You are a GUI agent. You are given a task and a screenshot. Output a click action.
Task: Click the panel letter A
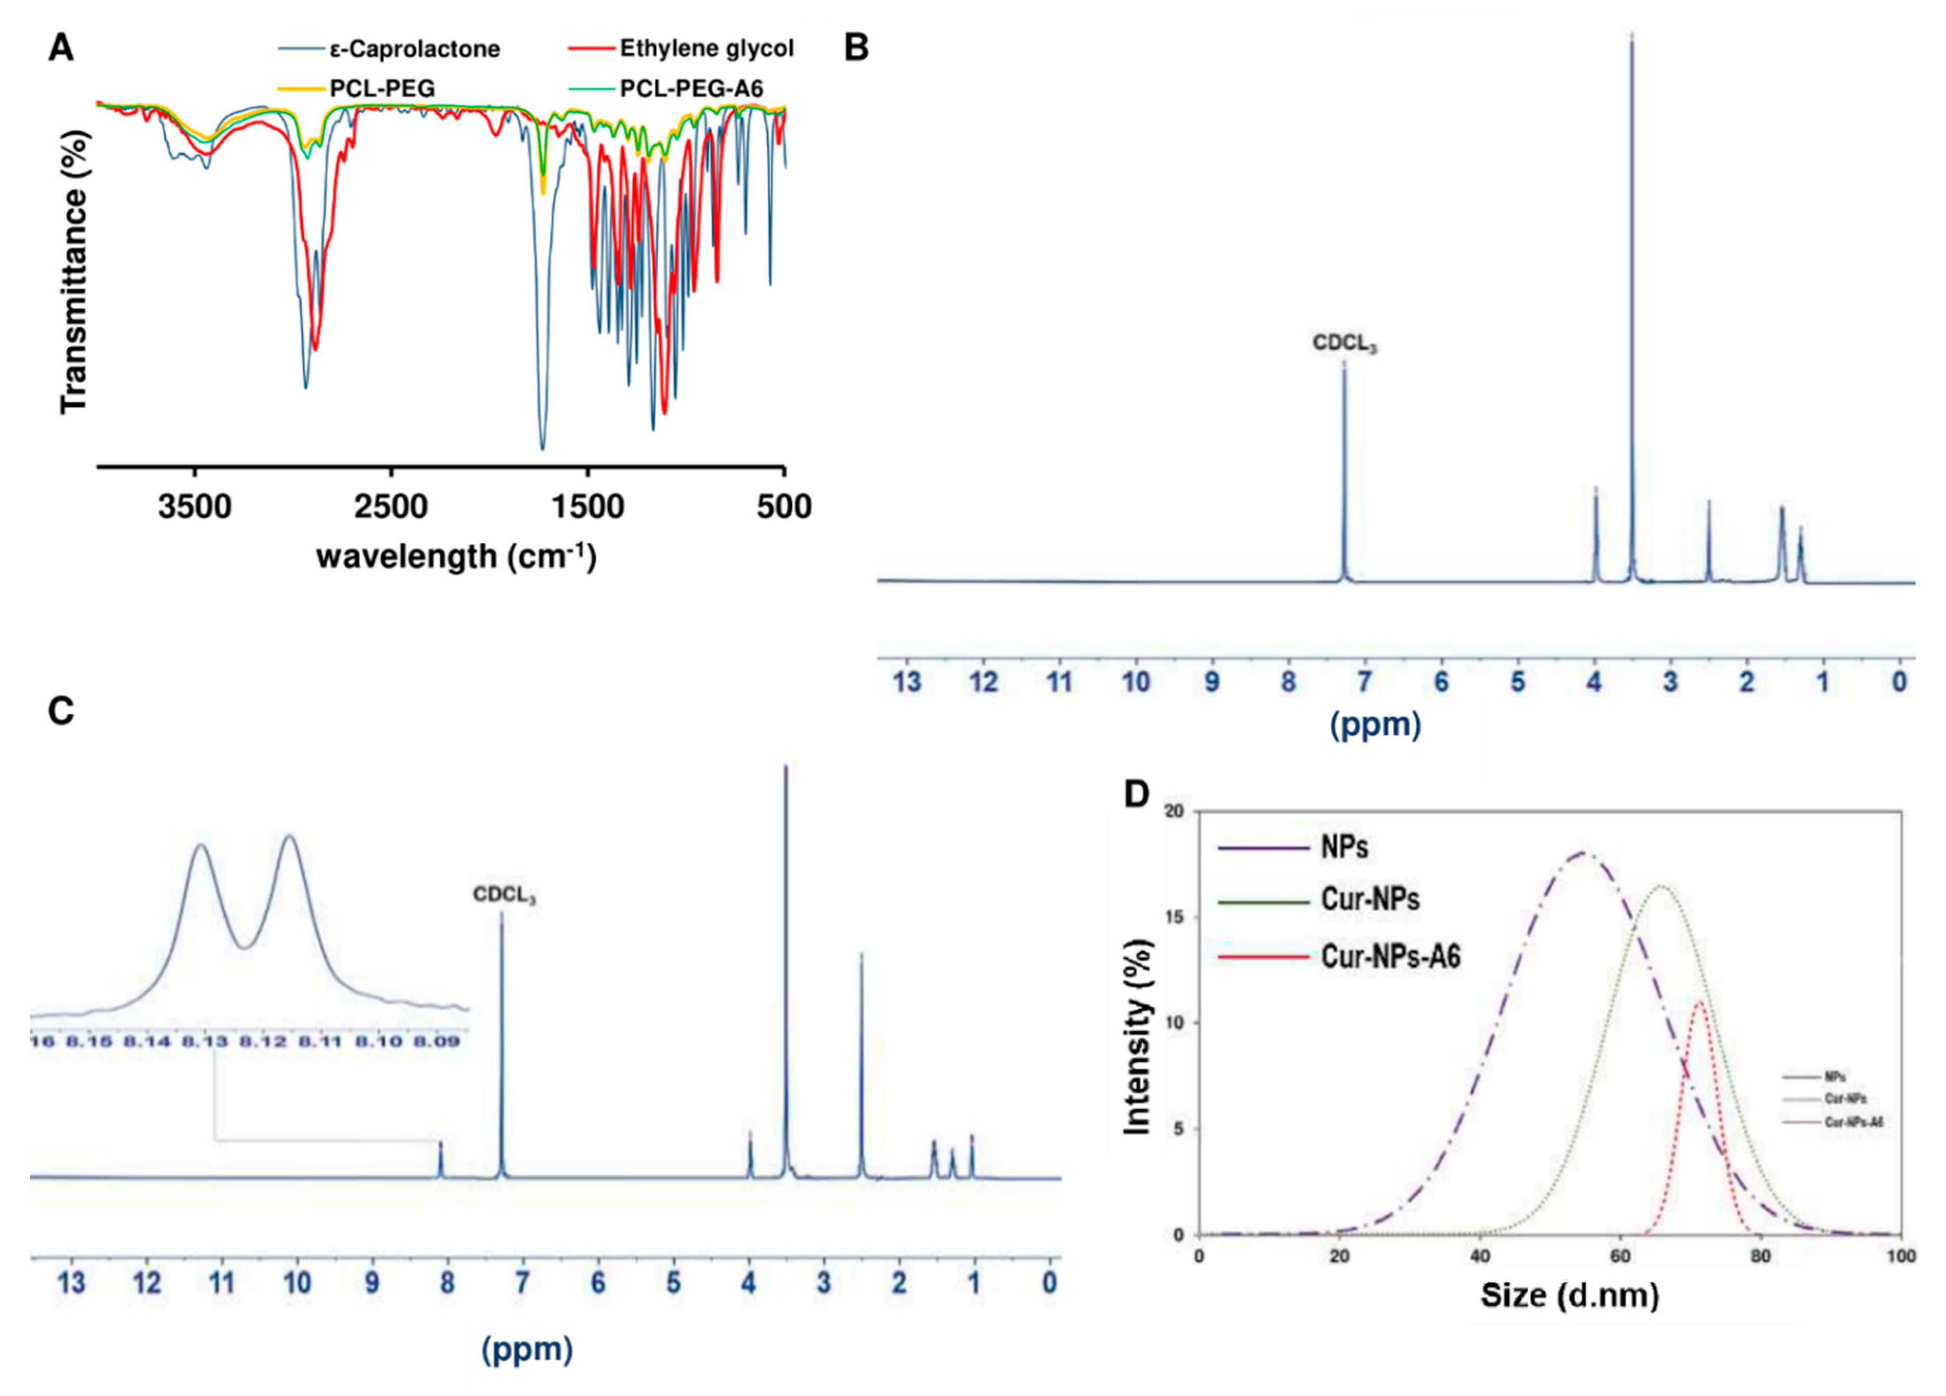[x=61, y=49]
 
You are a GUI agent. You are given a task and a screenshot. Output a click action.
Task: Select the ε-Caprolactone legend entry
[x=414, y=49]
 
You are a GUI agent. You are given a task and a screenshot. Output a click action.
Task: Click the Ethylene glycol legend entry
[x=705, y=48]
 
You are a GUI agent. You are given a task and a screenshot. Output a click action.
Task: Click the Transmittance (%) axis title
[x=75, y=271]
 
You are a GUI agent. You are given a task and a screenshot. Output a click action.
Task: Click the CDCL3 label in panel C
[x=505, y=895]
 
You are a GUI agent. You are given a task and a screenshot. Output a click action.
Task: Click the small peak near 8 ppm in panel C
[x=441, y=1144]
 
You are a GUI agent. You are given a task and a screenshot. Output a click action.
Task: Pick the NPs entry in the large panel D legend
[x=1344, y=848]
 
